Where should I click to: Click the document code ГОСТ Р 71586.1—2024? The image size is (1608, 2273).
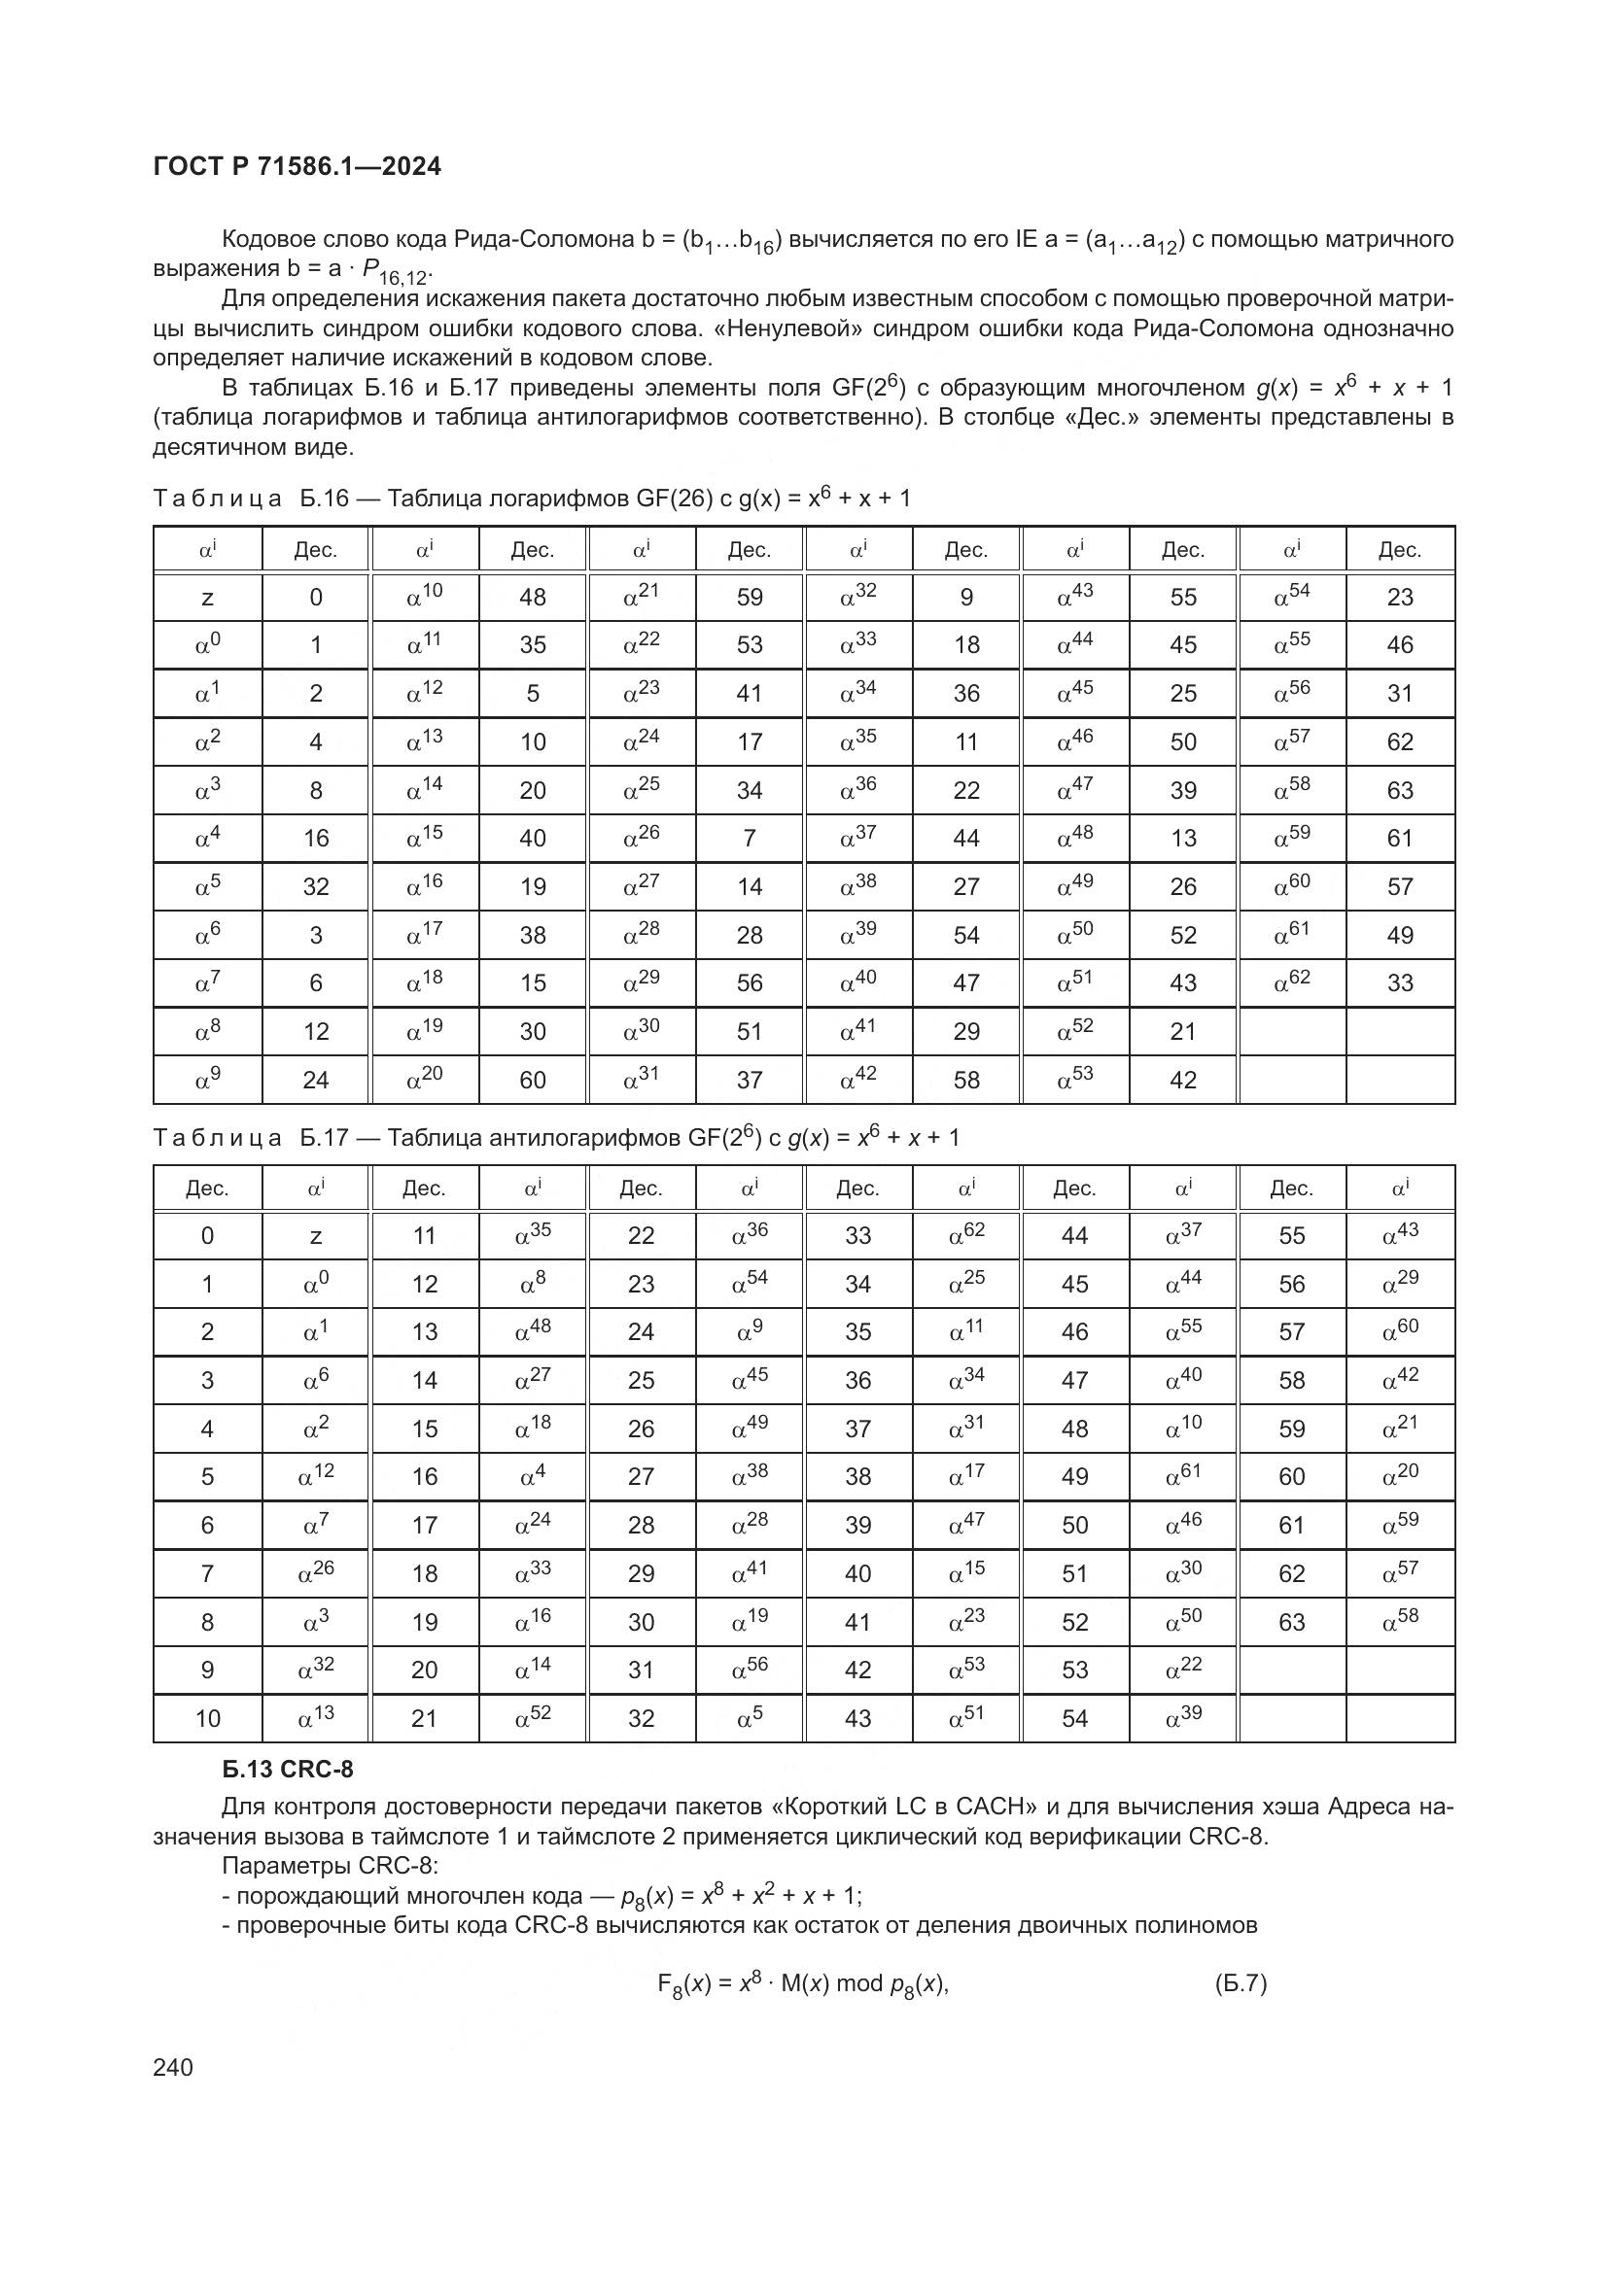(297, 166)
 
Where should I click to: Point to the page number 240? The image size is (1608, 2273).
(173, 2066)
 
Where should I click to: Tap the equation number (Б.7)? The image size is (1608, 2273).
(1241, 1983)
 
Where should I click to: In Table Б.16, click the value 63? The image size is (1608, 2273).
(1399, 791)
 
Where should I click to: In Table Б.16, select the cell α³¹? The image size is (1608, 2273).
(641, 1079)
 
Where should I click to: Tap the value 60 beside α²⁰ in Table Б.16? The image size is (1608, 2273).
(533, 1080)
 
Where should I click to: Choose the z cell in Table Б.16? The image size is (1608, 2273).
(207, 598)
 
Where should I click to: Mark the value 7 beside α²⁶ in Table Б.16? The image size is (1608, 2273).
(750, 839)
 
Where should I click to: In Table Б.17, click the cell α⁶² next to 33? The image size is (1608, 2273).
(966, 1234)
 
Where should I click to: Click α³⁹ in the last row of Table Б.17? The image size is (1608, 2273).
(1183, 1716)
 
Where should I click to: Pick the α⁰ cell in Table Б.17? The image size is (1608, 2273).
(316, 1284)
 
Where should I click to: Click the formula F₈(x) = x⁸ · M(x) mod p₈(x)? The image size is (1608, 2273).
(802, 1984)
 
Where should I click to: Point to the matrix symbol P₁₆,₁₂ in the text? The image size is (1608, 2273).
(396, 271)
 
